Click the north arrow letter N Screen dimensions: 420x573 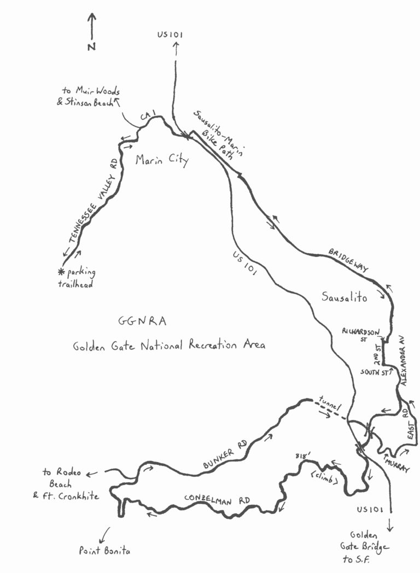[x=91, y=47]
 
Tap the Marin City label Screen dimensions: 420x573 [x=162, y=161]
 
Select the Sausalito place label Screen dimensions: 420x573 [x=344, y=298]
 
